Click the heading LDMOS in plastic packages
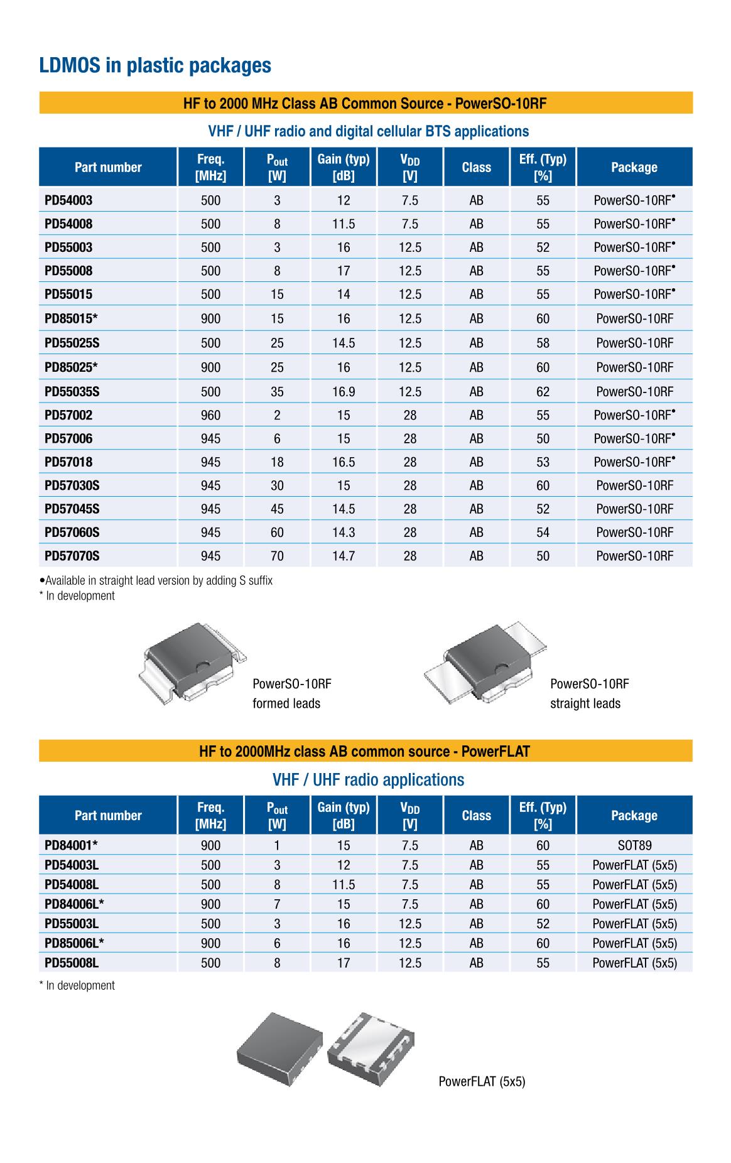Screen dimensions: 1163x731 tap(155, 65)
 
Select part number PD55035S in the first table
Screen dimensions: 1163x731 tap(72, 391)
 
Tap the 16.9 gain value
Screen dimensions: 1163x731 tap(344, 391)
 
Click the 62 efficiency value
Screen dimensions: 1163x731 tap(543, 391)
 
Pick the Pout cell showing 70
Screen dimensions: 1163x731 tap(277, 556)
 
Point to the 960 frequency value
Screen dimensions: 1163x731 tap(210, 415)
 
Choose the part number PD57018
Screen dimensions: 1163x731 tap(68, 462)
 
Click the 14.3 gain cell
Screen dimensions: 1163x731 tap(344, 533)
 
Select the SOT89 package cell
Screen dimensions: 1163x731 tap(634, 845)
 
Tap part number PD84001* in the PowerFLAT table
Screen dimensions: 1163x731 tap(71, 845)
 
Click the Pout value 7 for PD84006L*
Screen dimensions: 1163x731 tap(277, 904)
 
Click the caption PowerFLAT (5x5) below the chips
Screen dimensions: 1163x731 tap(482, 1081)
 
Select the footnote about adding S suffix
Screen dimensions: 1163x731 tap(157, 580)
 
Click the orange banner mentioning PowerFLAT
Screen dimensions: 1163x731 tap(365, 751)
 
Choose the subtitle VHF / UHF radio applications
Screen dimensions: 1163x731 tap(368, 780)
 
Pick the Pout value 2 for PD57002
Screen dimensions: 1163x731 tap(277, 415)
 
